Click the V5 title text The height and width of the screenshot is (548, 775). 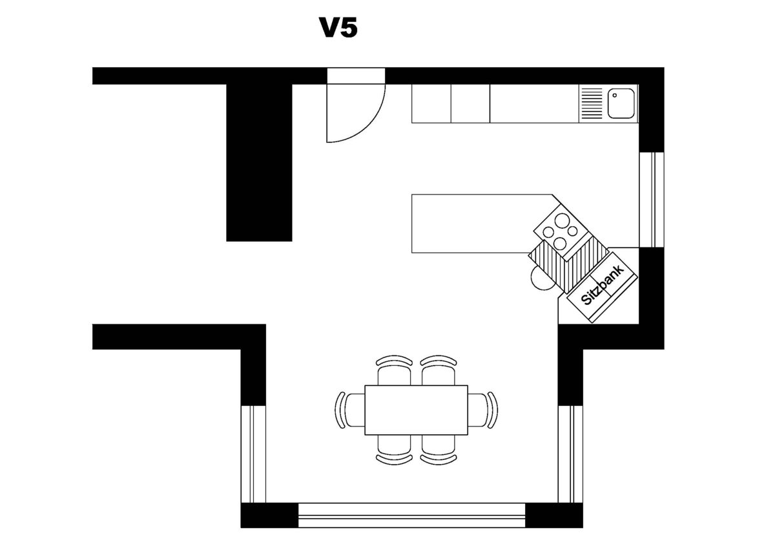click(338, 28)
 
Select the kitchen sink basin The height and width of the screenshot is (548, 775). click(622, 103)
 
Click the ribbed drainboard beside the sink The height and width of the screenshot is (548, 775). click(592, 103)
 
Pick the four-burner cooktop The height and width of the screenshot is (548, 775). click(560, 231)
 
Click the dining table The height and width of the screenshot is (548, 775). click(416, 410)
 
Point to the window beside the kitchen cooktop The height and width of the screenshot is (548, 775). click(652, 199)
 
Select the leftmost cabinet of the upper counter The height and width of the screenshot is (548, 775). click(431, 103)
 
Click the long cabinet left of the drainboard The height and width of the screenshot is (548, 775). click(535, 103)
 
